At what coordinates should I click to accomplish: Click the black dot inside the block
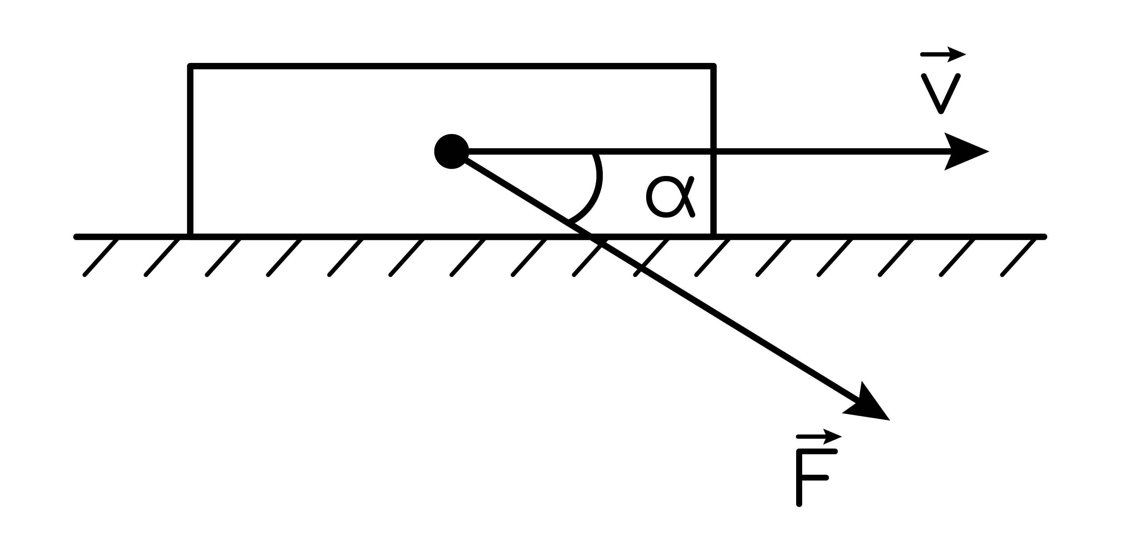[451, 151]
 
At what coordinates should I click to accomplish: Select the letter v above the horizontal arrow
[940, 93]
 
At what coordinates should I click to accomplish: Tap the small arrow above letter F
[819, 437]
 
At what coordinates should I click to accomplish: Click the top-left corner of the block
[190, 66]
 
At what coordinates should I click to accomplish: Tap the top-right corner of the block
[713, 66]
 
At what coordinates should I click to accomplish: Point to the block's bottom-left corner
[190, 237]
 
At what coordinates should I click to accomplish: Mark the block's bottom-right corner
[713, 237]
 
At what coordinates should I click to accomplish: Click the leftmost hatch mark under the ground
[101, 256]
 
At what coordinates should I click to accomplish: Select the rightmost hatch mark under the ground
[1019, 256]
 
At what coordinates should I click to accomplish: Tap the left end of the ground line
[76, 237]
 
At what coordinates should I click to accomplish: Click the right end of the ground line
[1044, 237]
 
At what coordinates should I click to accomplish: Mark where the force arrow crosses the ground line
[590, 237]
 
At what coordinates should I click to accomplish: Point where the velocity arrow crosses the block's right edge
[713, 151]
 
